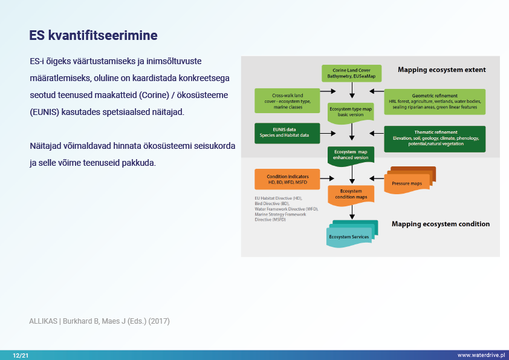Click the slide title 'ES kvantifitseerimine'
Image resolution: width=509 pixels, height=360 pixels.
(x=93, y=36)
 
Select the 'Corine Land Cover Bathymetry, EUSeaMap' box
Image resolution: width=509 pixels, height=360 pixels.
(x=351, y=73)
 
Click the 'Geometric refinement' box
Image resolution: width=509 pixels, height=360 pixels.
(x=435, y=100)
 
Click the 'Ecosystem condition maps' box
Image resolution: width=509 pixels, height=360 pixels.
(x=351, y=194)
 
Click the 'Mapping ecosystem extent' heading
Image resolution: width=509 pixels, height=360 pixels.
(x=441, y=70)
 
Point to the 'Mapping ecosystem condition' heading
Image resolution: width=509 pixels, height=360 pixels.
(x=440, y=224)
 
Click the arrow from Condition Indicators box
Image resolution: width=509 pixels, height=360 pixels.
(x=326, y=178)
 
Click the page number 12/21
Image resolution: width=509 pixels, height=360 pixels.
(x=21, y=355)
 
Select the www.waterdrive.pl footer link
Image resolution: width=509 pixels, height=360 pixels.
(x=481, y=355)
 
